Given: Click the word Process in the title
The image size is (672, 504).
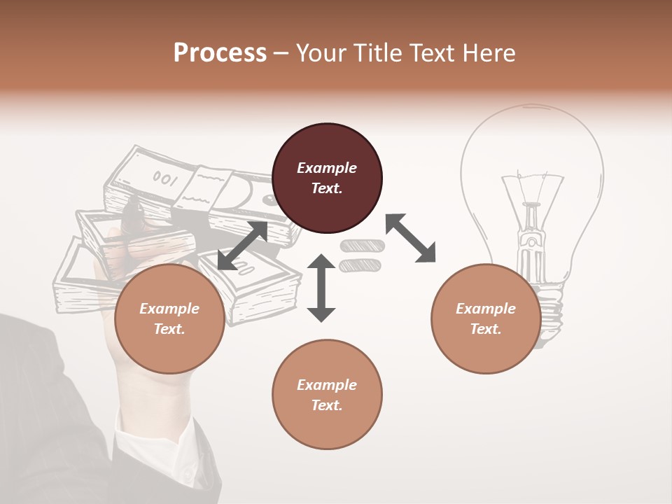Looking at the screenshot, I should [220, 53].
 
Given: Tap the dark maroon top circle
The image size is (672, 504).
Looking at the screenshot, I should [327, 178].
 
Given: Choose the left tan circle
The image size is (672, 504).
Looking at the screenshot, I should [169, 318].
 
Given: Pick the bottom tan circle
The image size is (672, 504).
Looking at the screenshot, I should [327, 394].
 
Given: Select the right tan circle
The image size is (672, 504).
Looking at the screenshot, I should [486, 318].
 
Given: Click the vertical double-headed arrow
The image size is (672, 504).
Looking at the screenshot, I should [321, 288].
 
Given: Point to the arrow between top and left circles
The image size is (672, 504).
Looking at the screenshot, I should [242, 246].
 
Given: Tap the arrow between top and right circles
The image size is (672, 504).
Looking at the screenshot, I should [411, 238].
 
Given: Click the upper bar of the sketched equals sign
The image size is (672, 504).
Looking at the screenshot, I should [362, 246].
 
